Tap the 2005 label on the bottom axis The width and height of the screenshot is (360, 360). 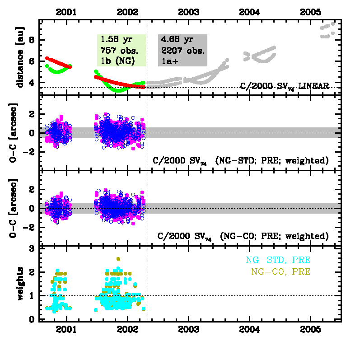point(311,327)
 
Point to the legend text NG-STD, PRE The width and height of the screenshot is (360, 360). point(278,260)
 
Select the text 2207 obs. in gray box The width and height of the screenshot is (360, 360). point(181,50)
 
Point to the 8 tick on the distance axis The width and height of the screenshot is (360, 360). point(32,40)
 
